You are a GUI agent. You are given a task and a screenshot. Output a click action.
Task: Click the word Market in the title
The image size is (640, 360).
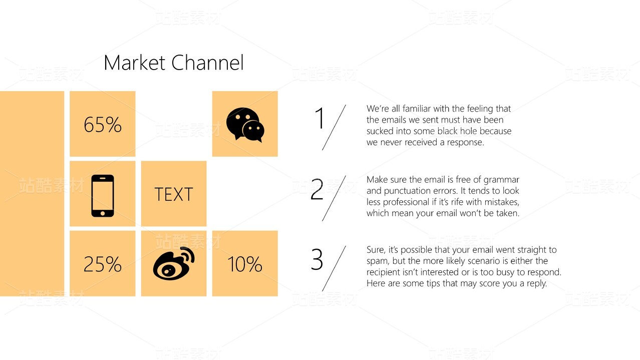(135, 63)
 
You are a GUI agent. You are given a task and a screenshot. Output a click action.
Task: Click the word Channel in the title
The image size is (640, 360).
(208, 63)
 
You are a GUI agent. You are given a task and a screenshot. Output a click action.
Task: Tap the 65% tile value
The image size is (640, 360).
(103, 125)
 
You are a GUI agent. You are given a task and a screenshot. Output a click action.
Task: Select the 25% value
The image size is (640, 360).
(103, 264)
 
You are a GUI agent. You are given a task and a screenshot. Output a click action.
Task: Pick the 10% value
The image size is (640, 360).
(245, 264)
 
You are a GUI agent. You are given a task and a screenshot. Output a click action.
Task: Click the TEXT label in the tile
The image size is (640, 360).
(174, 194)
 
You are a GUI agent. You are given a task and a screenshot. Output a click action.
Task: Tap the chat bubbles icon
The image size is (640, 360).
(245, 125)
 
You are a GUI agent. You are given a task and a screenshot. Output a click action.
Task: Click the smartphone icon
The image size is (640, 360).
(103, 196)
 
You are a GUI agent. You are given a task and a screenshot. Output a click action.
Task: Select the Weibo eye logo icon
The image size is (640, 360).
(174, 263)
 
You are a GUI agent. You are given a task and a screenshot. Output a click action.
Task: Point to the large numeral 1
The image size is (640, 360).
(319, 118)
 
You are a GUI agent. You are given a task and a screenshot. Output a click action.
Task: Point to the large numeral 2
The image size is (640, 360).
(317, 189)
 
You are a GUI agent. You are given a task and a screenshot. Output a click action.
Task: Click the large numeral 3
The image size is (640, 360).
(317, 259)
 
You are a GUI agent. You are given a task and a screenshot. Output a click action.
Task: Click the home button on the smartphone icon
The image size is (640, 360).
(103, 213)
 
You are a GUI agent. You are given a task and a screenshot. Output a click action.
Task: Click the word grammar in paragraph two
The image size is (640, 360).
(501, 180)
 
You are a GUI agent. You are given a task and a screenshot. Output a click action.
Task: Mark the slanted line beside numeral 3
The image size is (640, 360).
(334, 268)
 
